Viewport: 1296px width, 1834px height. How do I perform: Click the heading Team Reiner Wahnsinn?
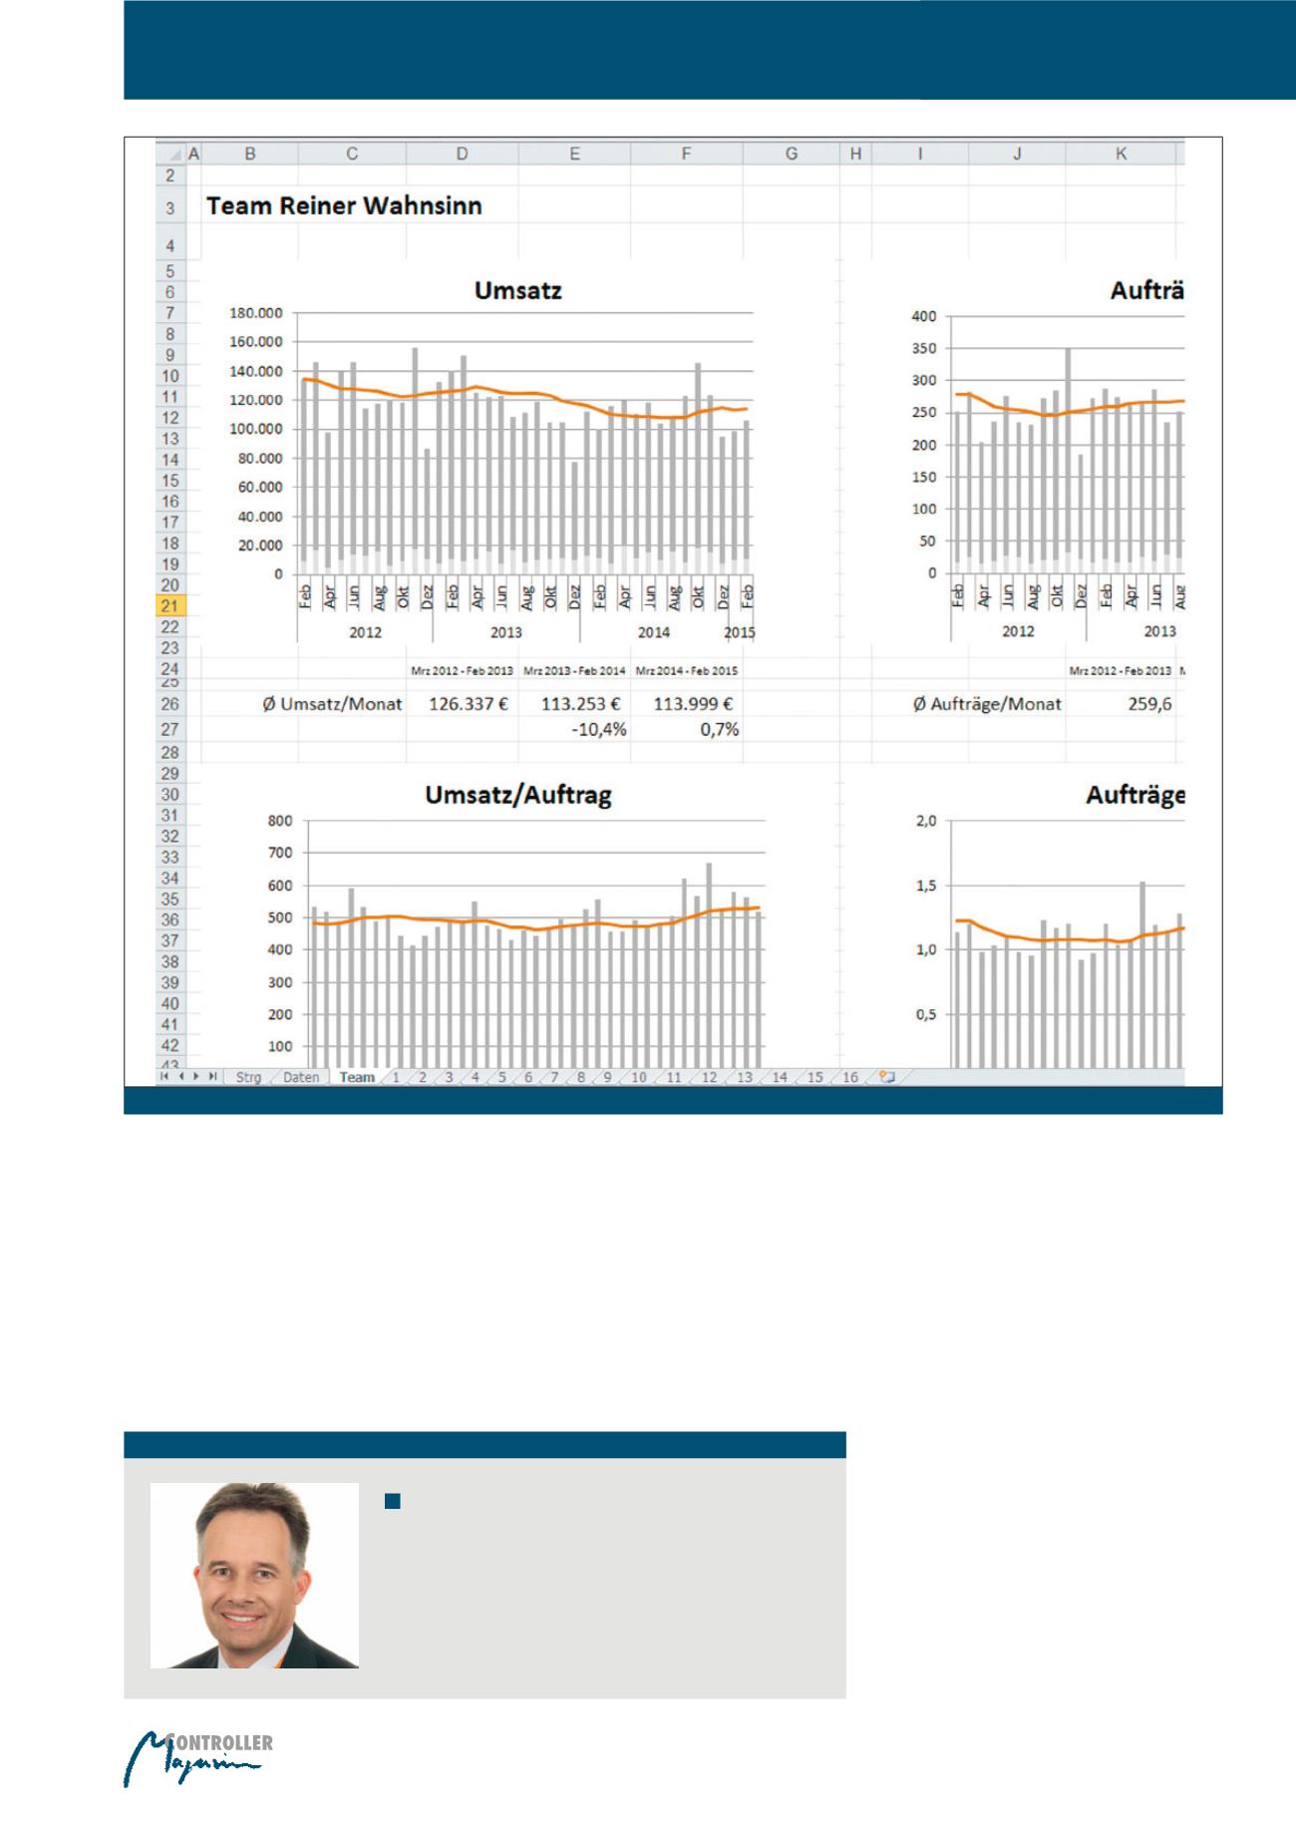point(344,206)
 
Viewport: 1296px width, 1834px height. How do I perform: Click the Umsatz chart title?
point(517,290)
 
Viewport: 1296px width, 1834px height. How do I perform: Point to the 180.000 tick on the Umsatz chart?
point(256,313)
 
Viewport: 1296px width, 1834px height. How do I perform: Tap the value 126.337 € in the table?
point(469,704)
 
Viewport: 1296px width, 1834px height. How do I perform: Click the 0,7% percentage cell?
point(719,730)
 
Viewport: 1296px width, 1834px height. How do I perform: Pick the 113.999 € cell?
point(693,704)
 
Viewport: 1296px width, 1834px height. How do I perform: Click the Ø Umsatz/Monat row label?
point(332,704)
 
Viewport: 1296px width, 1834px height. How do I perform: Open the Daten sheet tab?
point(301,1077)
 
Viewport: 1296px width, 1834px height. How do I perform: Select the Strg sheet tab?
point(248,1077)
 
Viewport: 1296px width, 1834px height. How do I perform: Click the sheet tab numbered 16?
point(849,1077)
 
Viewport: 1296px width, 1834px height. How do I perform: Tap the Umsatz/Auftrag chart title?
point(518,795)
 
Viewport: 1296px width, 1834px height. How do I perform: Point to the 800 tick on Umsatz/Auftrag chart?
point(280,821)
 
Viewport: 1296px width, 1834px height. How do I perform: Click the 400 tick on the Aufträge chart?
point(924,316)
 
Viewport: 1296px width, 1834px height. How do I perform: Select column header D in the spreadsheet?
point(462,154)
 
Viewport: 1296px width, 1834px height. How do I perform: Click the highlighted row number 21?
point(169,606)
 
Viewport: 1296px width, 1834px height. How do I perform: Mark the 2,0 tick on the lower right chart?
point(926,821)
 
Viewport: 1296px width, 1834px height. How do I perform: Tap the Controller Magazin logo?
point(198,1760)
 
